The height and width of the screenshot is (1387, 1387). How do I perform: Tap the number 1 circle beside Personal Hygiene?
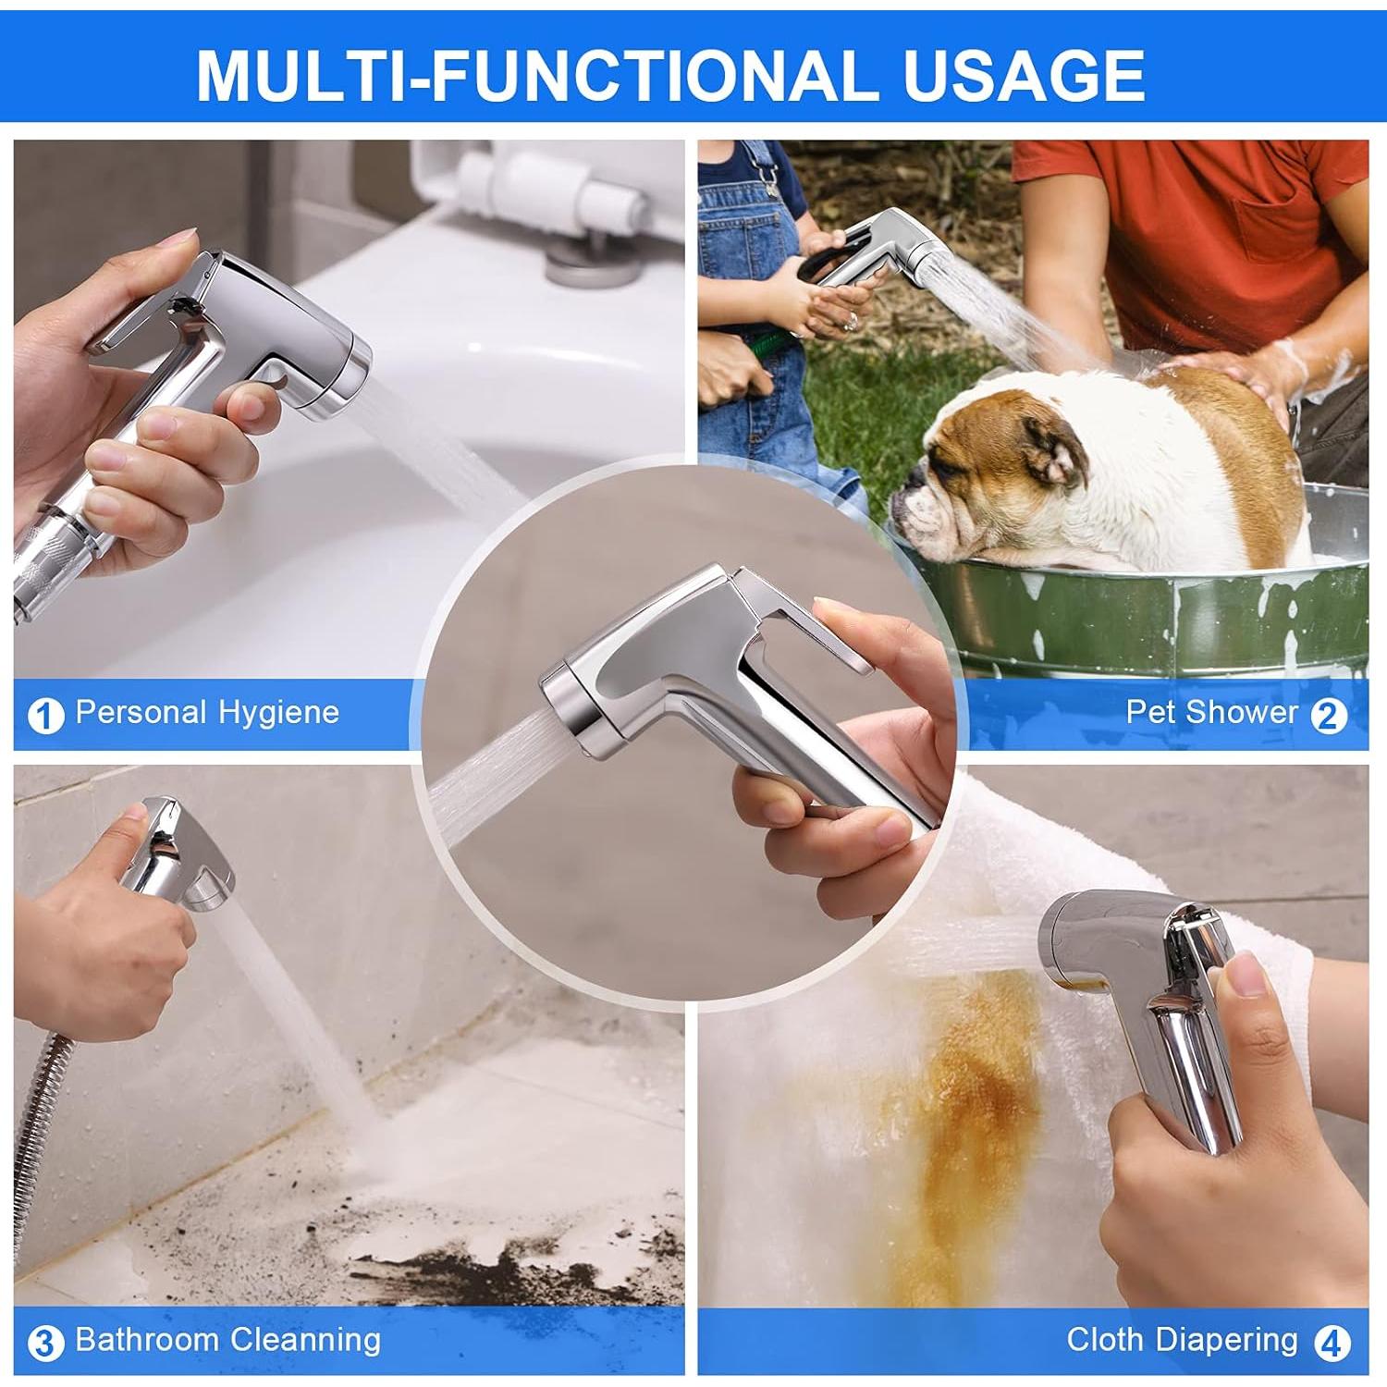[x=45, y=715]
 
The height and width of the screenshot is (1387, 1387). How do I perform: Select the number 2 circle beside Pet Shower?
[x=1329, y=715]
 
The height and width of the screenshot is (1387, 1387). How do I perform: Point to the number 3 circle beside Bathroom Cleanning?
[x=45, y=1343]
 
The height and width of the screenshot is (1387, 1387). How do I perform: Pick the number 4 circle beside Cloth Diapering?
[x=1329, y=1343]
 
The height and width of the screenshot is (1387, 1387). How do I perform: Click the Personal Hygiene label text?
[x=207, y=712]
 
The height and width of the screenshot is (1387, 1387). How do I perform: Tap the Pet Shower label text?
[x=1211, y=712]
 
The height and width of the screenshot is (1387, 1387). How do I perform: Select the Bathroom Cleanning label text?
[x=227, y=1340]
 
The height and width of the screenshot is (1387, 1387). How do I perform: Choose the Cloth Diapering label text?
[x=1182, y=1340]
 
